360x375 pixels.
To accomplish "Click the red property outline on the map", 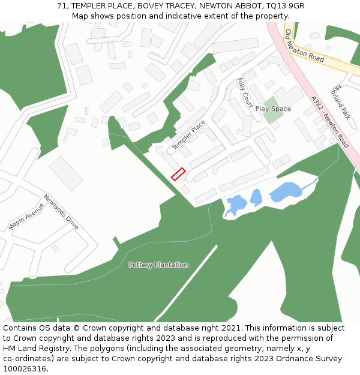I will pyautogui.click(x=178, y=174).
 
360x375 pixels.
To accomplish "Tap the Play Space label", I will pyautogui.click(x=273, y=109).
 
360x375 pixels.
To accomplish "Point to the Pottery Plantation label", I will pyautogui.click(x=158, y=265).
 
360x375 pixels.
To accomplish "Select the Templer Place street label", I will pyautogui.click(x=188, y=135).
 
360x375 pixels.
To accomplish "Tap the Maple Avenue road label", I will pyautogui.click(x=26, y=216).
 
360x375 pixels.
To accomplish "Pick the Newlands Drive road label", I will pyautogui.click(x=61, y=212).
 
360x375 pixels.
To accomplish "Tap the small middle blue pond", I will pyautogui.click(x=256, y=197).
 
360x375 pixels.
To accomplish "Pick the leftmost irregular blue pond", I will pyautogui.click(x=235, y=205).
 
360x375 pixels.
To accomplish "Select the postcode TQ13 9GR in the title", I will pyautogui.click(x=284, y=5).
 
